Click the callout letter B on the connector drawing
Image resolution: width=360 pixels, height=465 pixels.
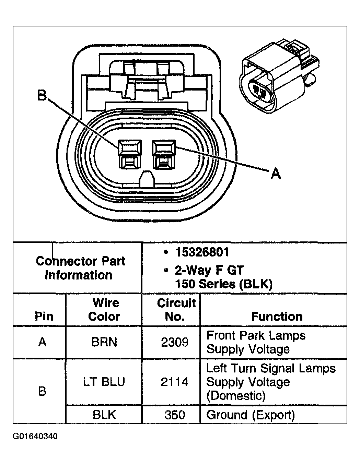point(42,96)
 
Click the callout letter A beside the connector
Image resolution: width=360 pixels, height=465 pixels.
point(276,174)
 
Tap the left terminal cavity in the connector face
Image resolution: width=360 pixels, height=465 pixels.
point(129,154)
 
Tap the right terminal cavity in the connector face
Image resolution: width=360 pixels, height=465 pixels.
point(164,154)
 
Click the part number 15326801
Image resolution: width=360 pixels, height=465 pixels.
point(202,252)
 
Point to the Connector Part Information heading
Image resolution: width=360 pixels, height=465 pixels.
point(81,268)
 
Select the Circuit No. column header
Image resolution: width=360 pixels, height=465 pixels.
point(176,310)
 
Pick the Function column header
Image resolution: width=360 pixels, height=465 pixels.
point(277,316)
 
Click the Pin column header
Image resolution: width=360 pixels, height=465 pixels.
point(44,316)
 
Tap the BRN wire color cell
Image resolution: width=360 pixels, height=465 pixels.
point(104,342)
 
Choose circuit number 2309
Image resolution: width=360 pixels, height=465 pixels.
point(175,342)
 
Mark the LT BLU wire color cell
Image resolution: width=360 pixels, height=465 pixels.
point(104,382)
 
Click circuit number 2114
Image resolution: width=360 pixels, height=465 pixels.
point(175,382)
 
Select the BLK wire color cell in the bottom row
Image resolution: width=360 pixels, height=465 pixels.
point(104,415)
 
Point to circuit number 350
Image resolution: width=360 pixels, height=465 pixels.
point(175,415)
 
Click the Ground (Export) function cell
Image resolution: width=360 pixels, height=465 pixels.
point(251,415)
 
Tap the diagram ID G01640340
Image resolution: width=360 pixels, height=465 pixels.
point(35,437)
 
